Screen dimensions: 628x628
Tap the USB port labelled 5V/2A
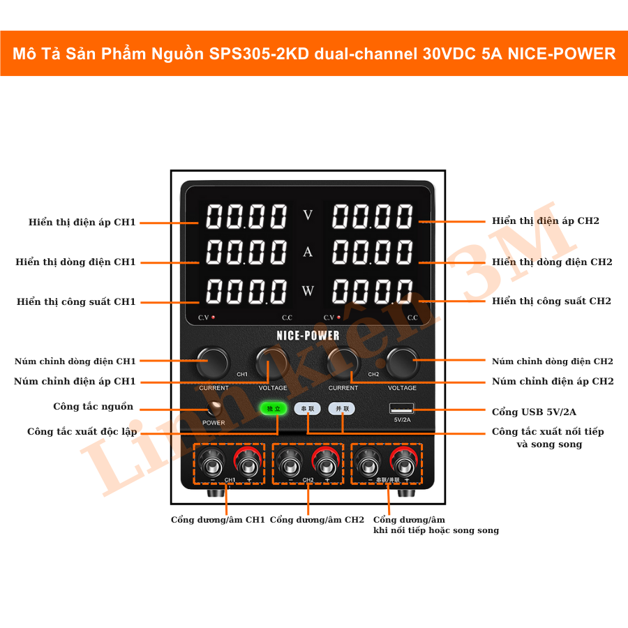[402, 408]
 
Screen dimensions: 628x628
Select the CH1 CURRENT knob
[212, 363]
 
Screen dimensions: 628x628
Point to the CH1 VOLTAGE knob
[271, 363]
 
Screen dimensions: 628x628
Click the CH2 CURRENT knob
[343, 363]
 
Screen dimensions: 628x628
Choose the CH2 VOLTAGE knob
[403, 363]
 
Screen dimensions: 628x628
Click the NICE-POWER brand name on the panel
[308, 336]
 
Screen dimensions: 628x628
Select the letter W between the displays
[308, 290]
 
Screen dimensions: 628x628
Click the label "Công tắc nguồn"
[93, 407]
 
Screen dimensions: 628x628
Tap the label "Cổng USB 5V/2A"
[534, 412]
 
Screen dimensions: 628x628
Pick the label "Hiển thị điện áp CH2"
[545, 220]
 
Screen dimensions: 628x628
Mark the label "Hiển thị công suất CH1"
[76, 302]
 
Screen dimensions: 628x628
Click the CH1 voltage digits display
[246, 217]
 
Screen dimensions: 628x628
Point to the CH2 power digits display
[373, 291]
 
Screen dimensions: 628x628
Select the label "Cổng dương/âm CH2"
[317, 520]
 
